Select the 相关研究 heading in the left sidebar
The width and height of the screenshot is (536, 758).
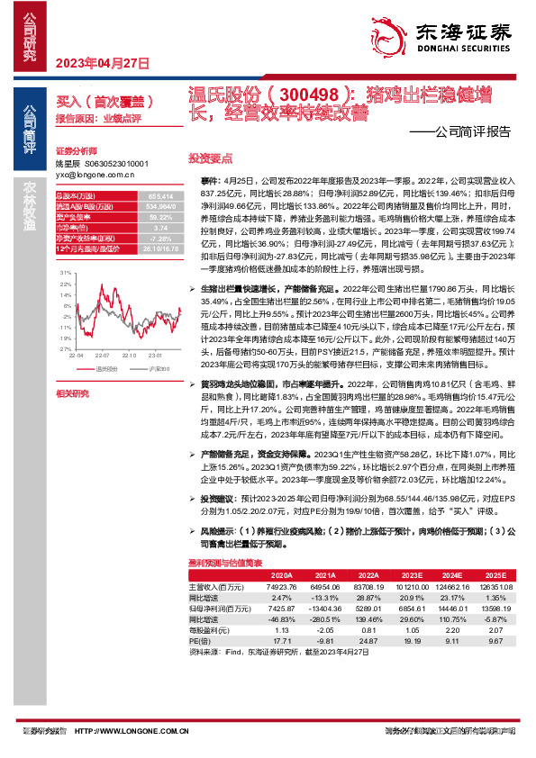tap(73, 393)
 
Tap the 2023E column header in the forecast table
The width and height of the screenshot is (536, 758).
tap(413, 573)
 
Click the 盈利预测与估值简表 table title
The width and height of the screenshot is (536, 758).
tap(225, 564)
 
